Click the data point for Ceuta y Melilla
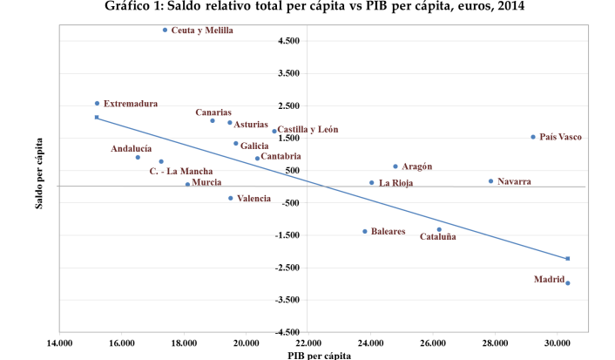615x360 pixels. [165, 30]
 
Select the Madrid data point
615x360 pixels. [567, 282]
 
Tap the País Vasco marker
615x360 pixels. [533, 137]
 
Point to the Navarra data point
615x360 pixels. [490, 181]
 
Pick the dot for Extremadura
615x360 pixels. [97, 103]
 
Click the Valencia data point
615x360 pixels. [230, 198]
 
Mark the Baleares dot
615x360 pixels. [364, 231]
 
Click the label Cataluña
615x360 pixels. [437, 236]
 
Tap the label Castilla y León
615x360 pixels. [308, 129]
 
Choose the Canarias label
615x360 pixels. [213, 112]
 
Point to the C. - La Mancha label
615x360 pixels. [181, 170]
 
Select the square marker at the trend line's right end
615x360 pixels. [567, 258]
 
